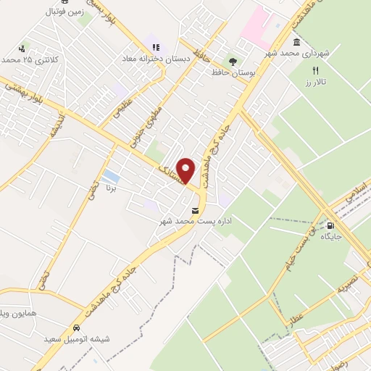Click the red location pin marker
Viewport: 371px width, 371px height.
coord(185,170)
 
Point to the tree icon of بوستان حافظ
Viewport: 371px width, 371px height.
coord(232,62)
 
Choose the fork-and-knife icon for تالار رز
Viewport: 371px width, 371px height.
coord(315,70)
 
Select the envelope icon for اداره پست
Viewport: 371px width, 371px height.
coord(193,210)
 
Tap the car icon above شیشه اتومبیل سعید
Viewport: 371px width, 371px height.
coord(77,327)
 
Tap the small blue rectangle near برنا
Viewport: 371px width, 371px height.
coord(111,176)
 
